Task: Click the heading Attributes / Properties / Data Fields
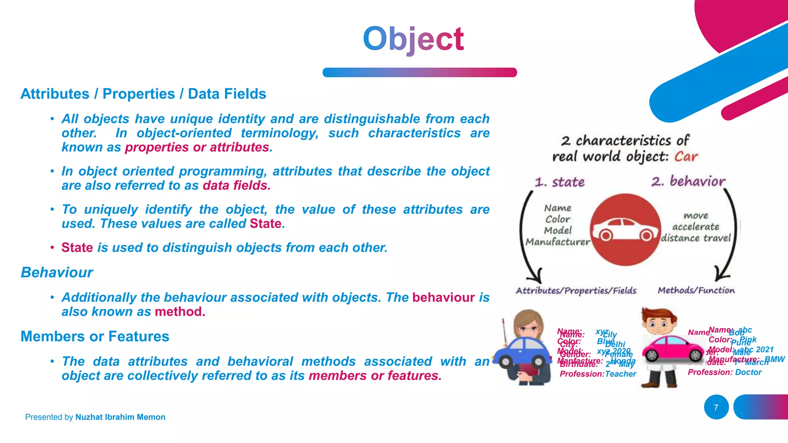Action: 143,94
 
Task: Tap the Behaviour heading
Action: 57,272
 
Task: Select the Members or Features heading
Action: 95,336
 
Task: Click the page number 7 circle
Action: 716,407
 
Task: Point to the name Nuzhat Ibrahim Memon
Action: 120,417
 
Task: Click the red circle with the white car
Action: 625,230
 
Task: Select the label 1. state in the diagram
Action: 560,182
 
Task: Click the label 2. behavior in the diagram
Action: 688,181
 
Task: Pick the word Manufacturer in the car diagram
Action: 558,242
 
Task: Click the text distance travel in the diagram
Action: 696,238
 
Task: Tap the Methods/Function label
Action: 696,290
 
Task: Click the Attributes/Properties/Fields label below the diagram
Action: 576,291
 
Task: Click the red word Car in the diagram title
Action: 686,157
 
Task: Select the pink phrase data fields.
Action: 236,186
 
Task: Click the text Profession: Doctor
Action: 725,372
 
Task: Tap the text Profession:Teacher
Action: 598,374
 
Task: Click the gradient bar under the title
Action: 419,72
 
